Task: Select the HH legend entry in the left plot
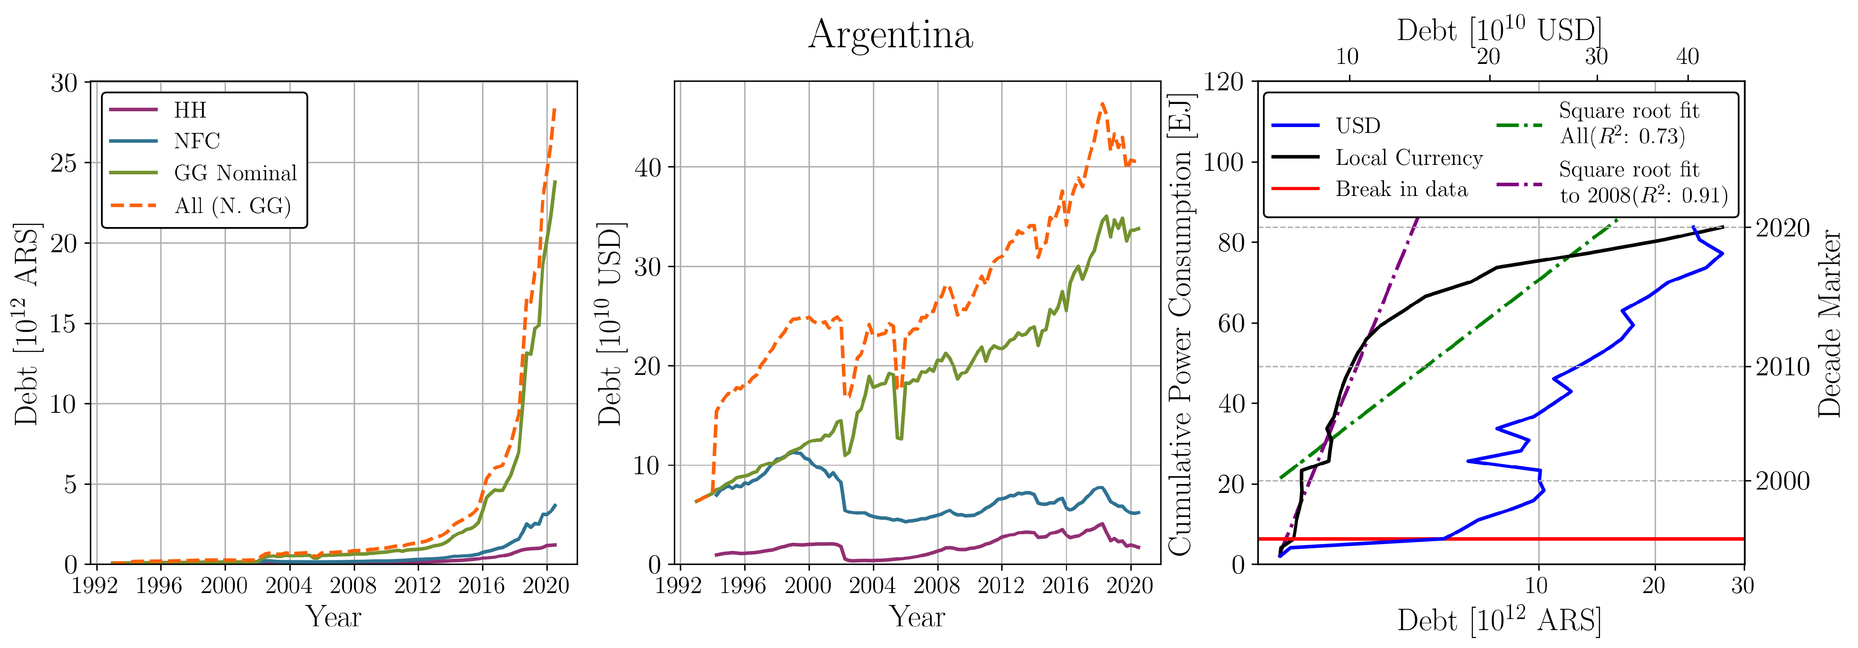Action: click(190, 110)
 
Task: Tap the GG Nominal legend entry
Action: click(235, 173)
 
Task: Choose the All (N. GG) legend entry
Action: click(232, 206)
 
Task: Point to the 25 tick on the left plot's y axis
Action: click(64, 163)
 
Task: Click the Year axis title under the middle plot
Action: click(917, 617)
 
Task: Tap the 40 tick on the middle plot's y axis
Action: click(648, 168)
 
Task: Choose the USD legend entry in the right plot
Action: click(1358, 126)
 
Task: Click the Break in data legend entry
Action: click(1401, 190)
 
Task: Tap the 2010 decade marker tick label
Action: click(1782, 367)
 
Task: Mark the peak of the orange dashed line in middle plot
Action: click(1102, 104)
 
